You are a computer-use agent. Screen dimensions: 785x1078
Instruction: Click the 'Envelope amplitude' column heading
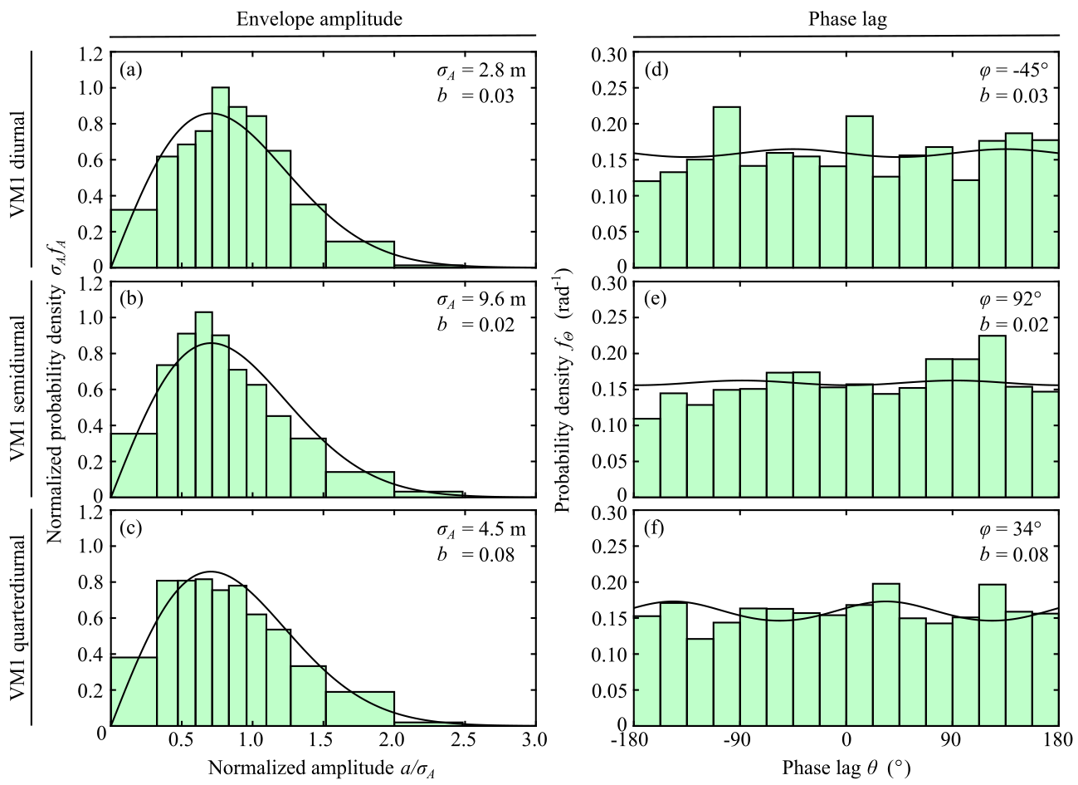coord(319,19)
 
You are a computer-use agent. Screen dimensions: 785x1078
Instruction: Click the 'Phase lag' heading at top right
coord(847,19)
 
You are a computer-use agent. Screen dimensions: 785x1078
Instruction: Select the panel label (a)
coord(131,70)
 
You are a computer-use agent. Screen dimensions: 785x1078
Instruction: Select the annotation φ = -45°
coord(1013,71)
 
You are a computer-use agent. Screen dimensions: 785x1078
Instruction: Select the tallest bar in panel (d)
coord(727,186)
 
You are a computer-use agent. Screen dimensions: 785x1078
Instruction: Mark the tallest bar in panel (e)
coord(993,415)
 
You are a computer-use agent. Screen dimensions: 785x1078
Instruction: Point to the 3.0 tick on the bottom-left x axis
coord(535,739)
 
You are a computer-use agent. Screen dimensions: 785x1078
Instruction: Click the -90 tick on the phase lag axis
coord(737,739)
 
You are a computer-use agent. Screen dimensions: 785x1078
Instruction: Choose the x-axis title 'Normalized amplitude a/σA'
coord(322,768)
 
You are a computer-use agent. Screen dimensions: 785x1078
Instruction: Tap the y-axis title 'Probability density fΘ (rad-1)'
coord(563,390)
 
